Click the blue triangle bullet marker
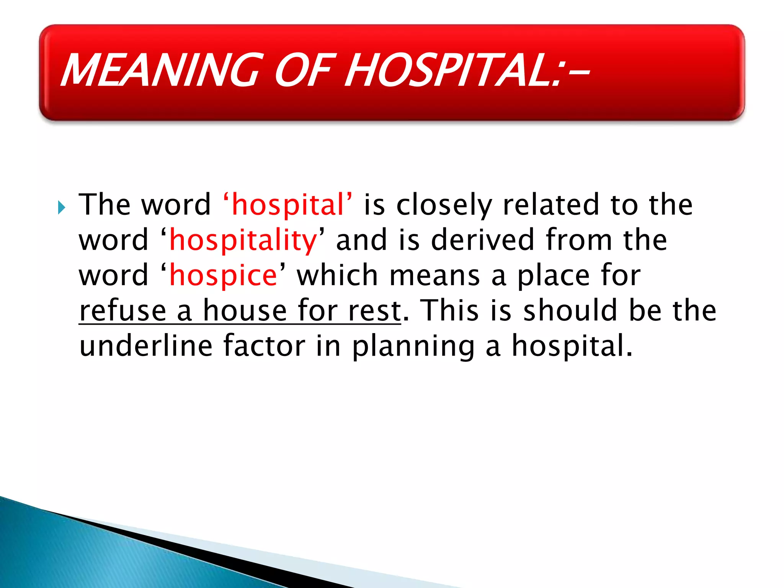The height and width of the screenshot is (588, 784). tap(62, 208)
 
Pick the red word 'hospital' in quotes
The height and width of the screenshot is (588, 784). tap(288, 205)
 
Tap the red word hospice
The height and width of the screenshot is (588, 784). tap(223, 275)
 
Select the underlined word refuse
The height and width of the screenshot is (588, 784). tap(122, 310)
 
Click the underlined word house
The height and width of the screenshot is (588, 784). tap(245, 310)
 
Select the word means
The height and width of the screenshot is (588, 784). tap(434, 275)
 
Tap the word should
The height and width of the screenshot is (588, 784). tap(570, 310)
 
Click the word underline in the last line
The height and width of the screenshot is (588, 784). tap(145, 345)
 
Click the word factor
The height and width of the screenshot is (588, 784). tap(264, 345)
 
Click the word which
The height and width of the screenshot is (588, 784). tap(337, 275)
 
